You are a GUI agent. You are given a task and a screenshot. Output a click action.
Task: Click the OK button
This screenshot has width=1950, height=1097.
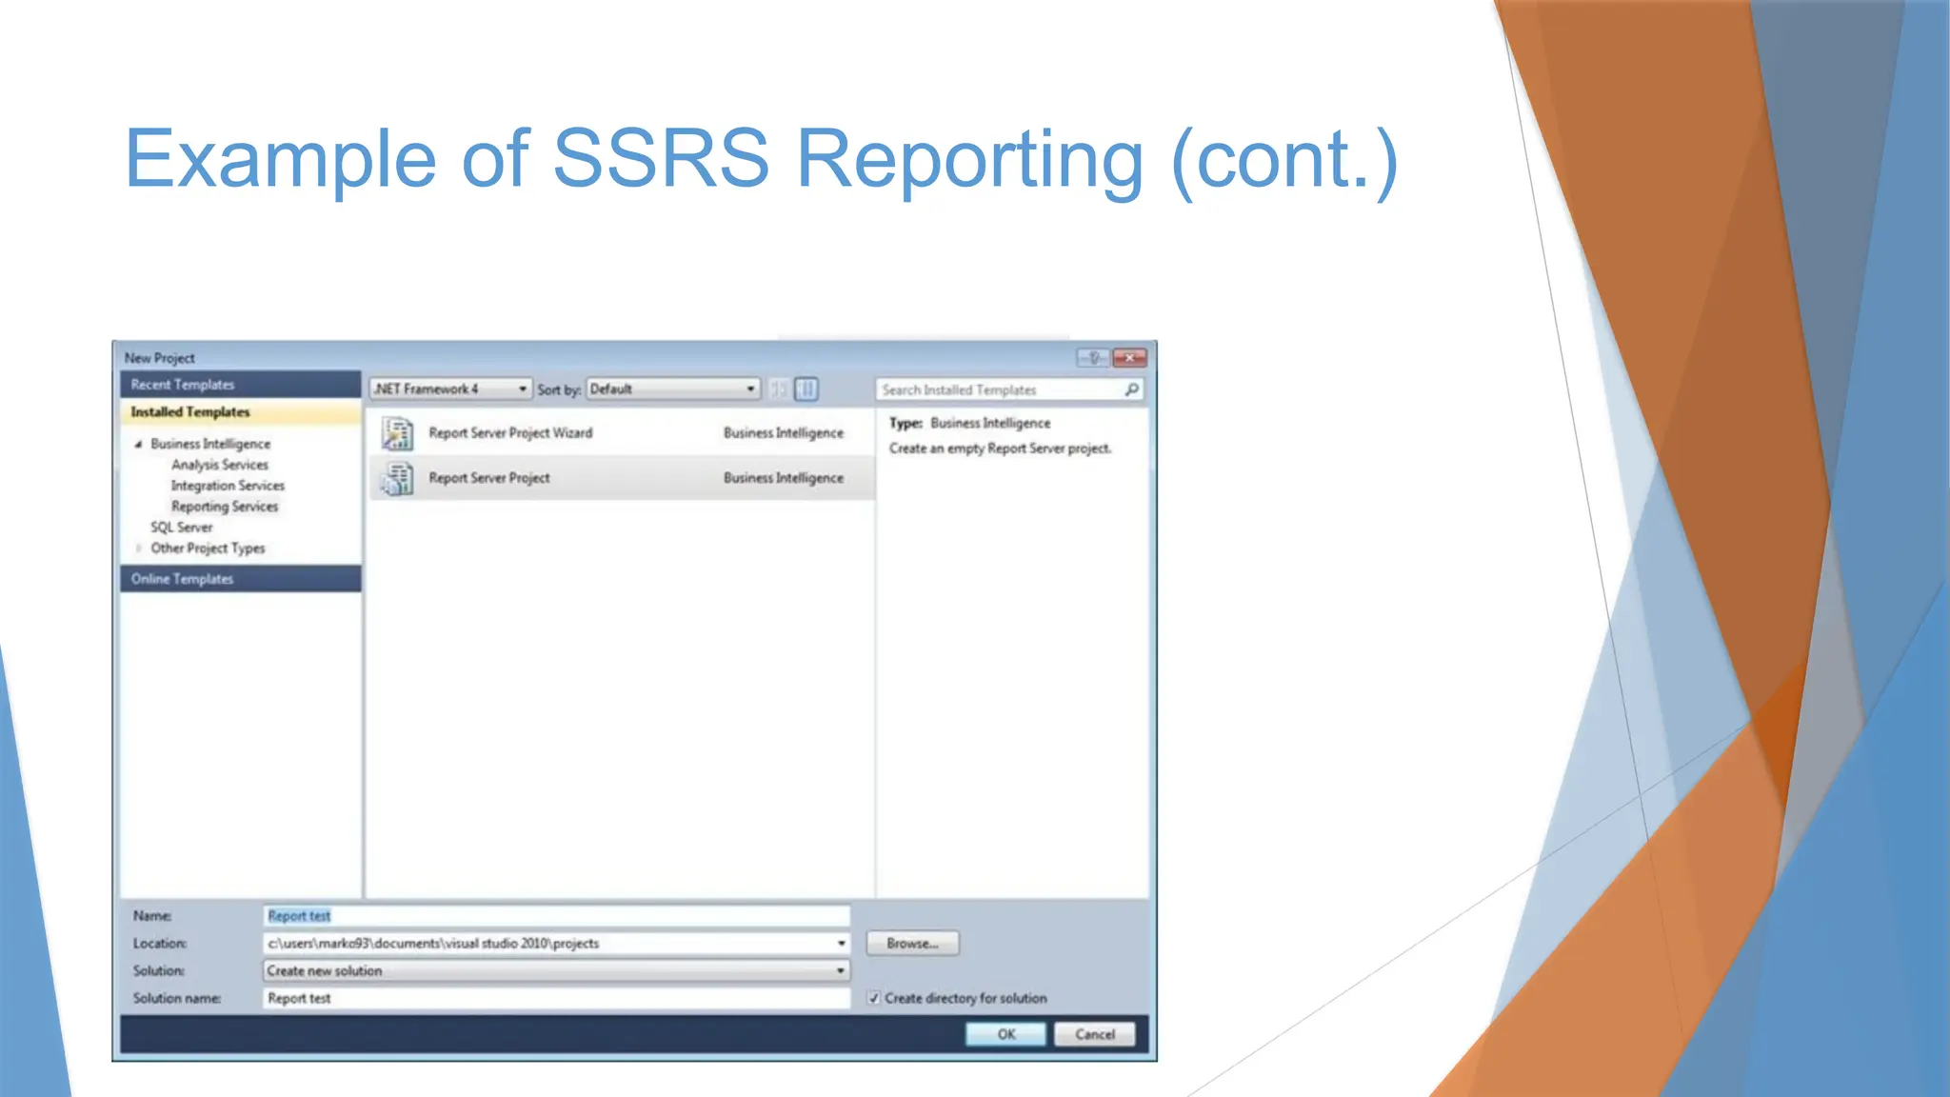(1005, 1034)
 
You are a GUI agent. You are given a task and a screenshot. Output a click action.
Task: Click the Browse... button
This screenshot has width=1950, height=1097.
(912, 944)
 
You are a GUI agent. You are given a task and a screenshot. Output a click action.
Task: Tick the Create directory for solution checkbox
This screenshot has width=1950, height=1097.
(874, 999)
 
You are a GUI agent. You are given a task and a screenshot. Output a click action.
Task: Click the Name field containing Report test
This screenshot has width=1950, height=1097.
(556, 916)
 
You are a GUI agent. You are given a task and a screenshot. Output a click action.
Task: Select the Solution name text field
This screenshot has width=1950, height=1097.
(556, 999)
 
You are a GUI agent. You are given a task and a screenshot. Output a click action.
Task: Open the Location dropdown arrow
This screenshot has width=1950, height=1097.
(841, 944)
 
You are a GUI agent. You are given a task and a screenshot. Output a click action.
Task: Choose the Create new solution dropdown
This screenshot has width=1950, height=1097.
(556, 971)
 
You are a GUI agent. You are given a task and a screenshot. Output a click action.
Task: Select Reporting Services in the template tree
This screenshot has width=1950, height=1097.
(225, 507)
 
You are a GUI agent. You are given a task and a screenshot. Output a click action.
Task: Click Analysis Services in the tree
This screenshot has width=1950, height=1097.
(220, 465)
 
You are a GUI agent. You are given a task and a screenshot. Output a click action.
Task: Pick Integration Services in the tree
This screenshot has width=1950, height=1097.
(228, 486)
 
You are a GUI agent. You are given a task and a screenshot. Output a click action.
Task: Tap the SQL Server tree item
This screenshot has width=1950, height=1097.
(181, 528)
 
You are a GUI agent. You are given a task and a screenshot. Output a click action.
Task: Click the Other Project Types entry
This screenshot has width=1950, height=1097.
(208, 548)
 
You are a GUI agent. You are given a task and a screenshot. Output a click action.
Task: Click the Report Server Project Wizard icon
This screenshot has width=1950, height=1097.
(397, 433)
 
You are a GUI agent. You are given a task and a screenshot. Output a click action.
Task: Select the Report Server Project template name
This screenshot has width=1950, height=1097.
(488, 478)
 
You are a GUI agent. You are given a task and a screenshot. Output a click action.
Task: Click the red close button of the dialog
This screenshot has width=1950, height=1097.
(1129, 358)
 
